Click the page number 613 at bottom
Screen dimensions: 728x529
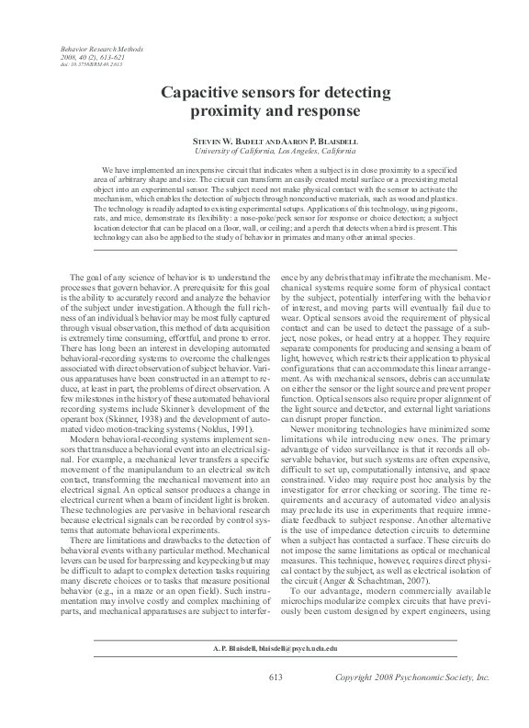tap(275, 703)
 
